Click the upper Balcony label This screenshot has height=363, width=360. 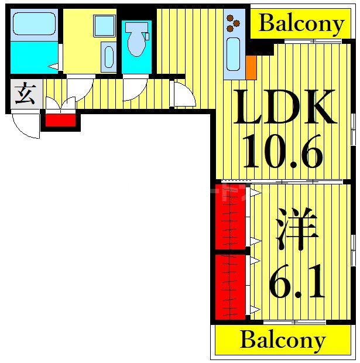click(x=301, y=24)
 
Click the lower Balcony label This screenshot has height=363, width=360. click(x=283, y=340)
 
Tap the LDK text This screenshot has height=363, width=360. click(x=285, y=107)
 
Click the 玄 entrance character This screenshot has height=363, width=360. click(x=25, y=94)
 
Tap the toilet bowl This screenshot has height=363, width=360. click(x=136, y=41)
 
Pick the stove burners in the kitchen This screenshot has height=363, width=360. click(x=235, y=23)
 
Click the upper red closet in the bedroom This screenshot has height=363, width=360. click(x=229, y=217)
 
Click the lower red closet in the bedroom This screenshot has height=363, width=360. click(x=229, y=286)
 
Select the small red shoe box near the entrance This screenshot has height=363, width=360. click(x=61, y=121)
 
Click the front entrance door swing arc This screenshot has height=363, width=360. click(x=26, y=125)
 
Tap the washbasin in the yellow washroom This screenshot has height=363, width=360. click(x=109, y=57)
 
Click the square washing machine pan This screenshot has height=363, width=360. click(x=104, y=26)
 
